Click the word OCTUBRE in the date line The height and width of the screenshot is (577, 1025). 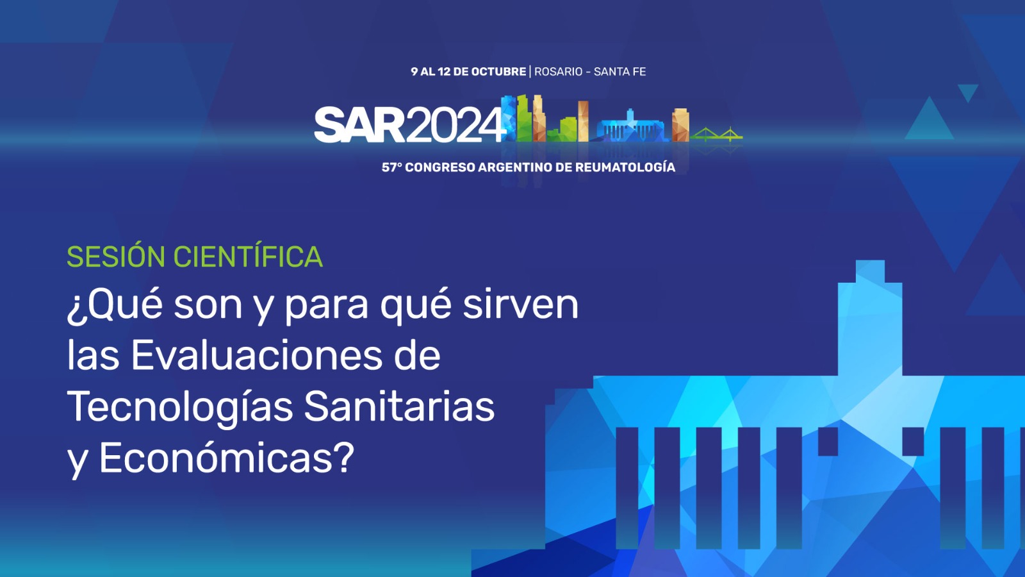(498, 72)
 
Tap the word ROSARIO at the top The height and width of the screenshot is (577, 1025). (558, 72)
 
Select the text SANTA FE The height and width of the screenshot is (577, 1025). (620, 72)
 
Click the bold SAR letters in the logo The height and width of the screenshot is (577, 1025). (359, 125)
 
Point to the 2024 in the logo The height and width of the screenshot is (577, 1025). (455, 125)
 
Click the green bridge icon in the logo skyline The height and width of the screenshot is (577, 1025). (717, 134)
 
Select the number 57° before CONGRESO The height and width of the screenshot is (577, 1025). (391, 167)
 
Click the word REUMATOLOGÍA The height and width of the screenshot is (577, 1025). (625, 167)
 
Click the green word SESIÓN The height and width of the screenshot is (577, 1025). (116, 256)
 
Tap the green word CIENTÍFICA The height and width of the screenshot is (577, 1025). (248, 256)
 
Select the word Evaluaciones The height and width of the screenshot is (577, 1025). (256, 356)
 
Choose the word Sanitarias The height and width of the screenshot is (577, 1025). (399, 406)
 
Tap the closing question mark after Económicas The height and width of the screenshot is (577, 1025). (345, 459)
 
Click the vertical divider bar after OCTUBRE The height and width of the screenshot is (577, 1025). (530, 72)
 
